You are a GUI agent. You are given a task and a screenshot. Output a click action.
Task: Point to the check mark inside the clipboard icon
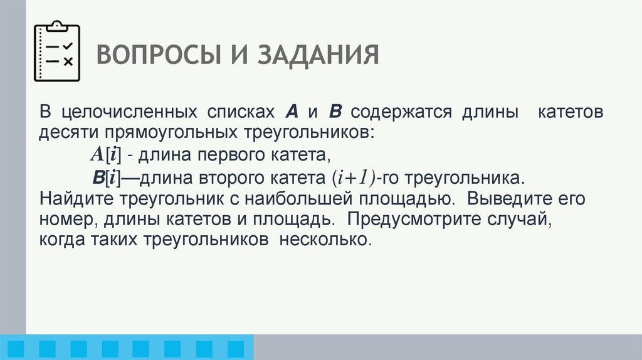pyautogui.click(x=69, y=46)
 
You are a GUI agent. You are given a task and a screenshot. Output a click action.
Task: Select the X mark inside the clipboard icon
pyautogui.click(x=69, y=61)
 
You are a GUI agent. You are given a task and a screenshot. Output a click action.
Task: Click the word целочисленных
pyautogui.click(x=126, y=113)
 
